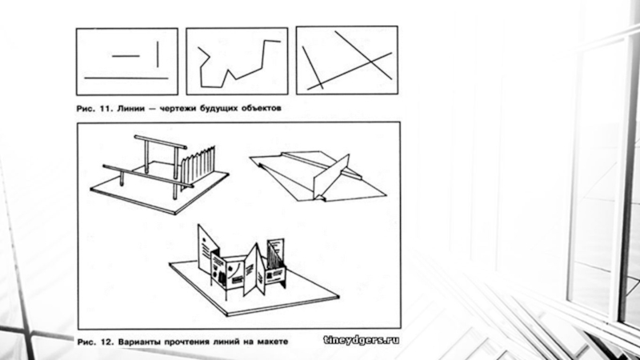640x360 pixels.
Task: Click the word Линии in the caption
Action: pos(130,109)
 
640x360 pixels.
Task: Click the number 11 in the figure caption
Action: pos(106,109)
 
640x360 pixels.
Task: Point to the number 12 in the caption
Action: pos(106,342)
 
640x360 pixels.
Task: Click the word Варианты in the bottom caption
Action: pos(139,342)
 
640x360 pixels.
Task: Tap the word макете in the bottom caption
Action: pos(273,342)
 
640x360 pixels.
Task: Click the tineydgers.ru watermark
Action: pos(362,340)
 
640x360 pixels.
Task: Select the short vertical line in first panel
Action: pos(158,54)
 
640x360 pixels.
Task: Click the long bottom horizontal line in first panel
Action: pos(126,78)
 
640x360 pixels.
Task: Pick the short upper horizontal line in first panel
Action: pos(126,56)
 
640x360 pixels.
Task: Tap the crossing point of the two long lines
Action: pos(370,62)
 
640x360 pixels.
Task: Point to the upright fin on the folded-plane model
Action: pos(332,176)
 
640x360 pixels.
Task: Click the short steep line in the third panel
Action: pos(313,67)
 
